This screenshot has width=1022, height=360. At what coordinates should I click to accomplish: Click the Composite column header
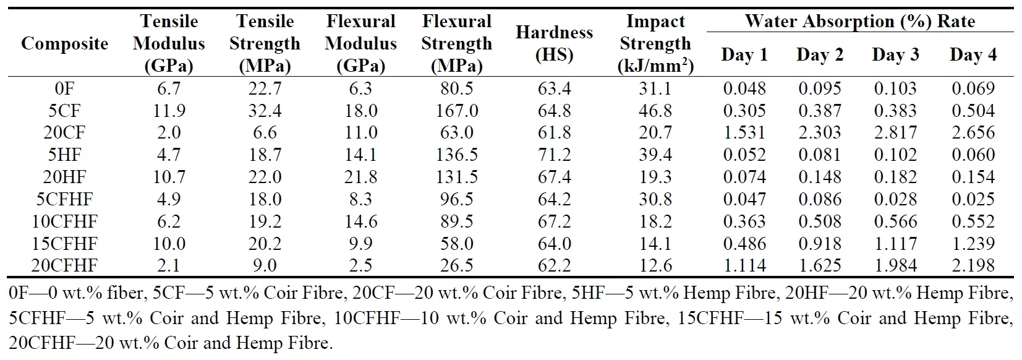[x=64, y=44]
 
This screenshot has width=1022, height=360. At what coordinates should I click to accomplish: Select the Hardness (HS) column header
[x=554, y=43]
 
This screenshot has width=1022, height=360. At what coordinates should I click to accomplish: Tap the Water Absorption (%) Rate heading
[x=859, y=22]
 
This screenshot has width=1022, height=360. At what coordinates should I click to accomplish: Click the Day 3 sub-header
[x=895, y=55]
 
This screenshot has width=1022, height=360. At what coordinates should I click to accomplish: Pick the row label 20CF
[x=64, y=133]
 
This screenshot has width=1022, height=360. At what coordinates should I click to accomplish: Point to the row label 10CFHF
[x=64, y=221]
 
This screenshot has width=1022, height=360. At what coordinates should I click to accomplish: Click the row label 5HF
[x=64, y=155]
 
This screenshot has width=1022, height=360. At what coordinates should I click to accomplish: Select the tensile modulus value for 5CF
[x=169, y=111]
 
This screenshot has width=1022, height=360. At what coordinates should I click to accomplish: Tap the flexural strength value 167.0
[x=457, y=111]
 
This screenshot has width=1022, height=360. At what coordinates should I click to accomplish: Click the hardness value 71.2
[x=554, y=155]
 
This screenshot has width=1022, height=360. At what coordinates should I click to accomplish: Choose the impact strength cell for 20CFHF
[x=655, y=266]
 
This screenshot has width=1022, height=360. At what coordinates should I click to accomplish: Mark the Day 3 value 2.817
[x=895, y=133]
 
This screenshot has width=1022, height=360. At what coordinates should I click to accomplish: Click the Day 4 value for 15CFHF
[x=973, y=244]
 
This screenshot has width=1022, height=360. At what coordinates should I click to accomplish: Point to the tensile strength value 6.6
[x=265, y=133]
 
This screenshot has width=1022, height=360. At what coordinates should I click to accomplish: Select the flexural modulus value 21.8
[x=360, y=177]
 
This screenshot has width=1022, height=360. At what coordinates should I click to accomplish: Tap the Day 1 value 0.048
[x=744, y=88]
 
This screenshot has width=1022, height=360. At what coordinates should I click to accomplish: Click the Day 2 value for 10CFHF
[x=820, y=221]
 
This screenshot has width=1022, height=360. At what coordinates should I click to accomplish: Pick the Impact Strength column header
[x=655, y=44]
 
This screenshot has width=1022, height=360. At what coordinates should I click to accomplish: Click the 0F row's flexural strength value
[x=457, y=88]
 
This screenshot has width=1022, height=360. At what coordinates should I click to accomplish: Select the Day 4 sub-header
[x=973, y=55]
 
